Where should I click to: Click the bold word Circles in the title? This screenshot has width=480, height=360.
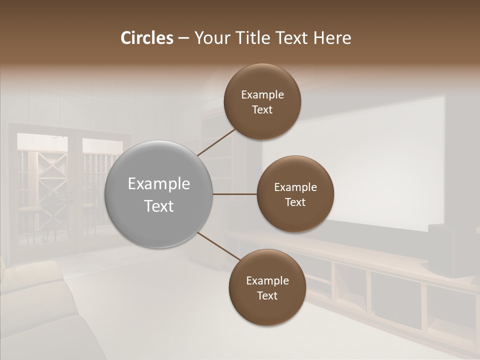click(147, 38)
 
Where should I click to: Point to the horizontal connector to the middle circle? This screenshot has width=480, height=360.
click(234, 194)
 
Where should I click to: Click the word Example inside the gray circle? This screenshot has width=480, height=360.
click(159, 184)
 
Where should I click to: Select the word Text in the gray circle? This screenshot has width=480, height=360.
click(159, 206)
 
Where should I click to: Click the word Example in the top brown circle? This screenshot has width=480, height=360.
click(262, 95)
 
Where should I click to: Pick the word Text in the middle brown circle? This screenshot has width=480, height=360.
click(295, 202)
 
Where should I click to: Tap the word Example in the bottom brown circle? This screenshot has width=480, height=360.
click(267, 281)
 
